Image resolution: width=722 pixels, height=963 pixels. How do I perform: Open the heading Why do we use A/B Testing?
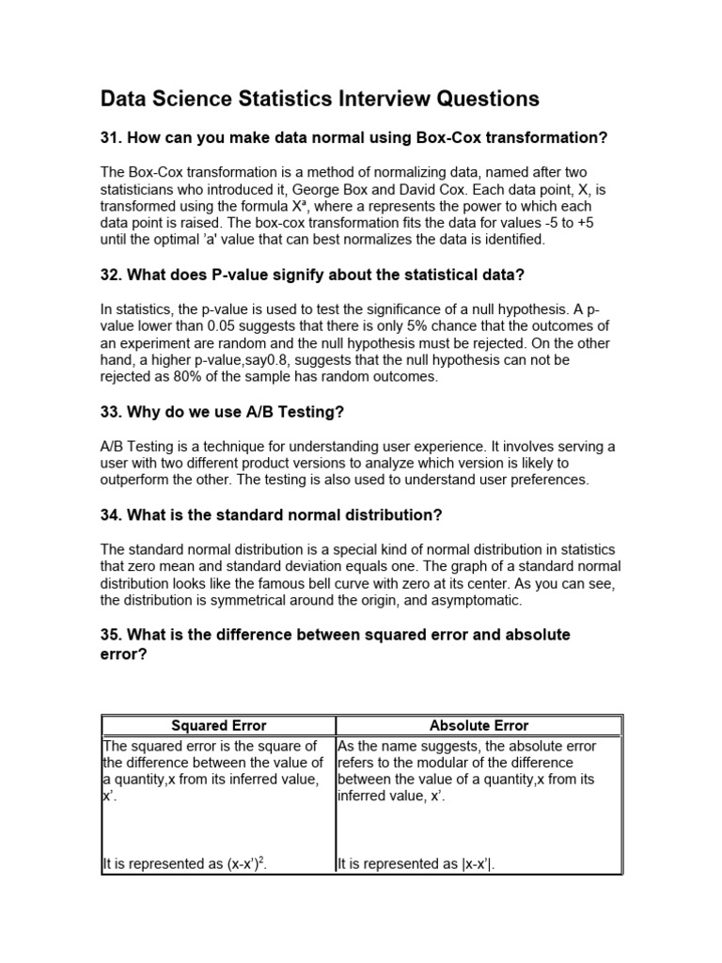click(x=224, y=412)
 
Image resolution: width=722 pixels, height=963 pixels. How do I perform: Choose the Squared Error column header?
click(x=218, y=725)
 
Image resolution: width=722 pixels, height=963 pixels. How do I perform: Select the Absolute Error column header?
click(x=479, y=725)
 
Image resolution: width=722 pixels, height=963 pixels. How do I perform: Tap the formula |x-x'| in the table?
click(x=474, y=862)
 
